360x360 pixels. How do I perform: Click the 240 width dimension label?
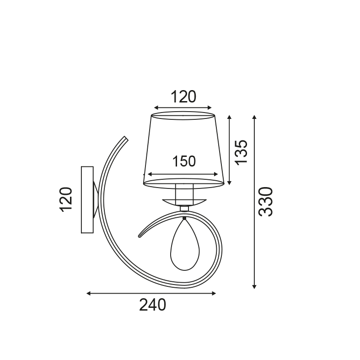152,305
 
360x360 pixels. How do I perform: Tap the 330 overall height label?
266,202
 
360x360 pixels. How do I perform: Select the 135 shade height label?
241,152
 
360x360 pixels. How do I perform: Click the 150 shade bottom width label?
184,161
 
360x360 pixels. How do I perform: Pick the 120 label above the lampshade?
183,97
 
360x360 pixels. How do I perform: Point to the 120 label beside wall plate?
66,199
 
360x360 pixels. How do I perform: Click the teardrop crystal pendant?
185,244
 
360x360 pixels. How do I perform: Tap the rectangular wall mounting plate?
87,200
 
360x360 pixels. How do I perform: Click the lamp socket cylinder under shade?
184,194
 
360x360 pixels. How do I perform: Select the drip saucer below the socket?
183,202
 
